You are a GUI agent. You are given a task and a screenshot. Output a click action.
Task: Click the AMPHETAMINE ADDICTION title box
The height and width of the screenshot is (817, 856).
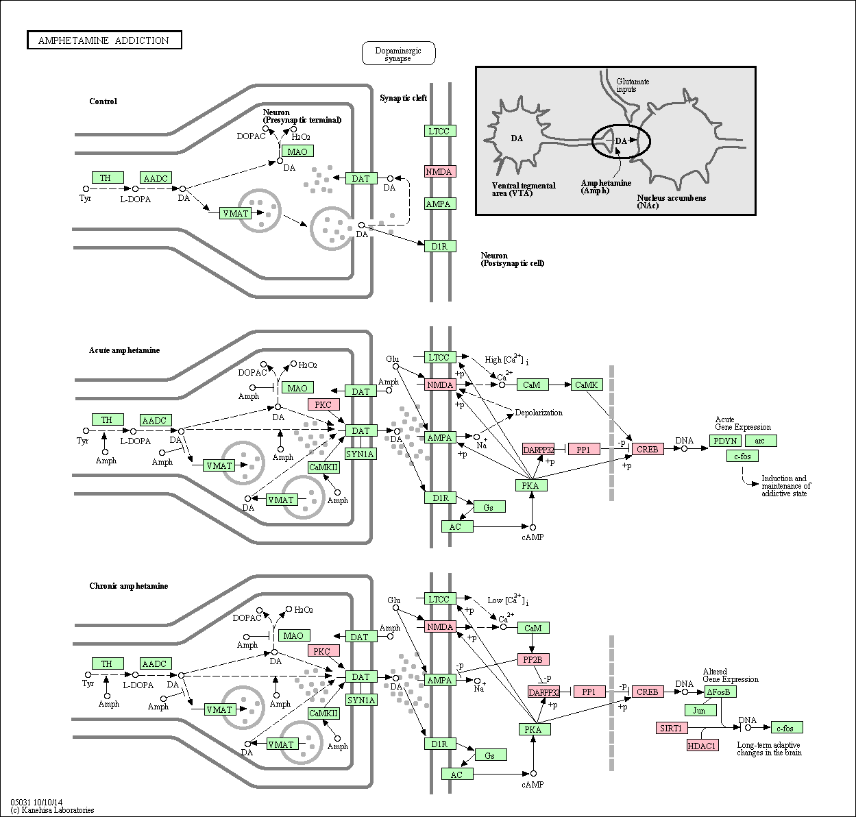104,40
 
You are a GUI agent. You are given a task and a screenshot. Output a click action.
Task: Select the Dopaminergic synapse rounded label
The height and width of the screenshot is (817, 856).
398,53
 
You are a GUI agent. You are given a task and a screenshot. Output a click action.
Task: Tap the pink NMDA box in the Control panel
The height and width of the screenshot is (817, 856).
440,171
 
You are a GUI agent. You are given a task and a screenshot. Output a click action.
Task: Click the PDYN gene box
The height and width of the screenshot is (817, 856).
725,441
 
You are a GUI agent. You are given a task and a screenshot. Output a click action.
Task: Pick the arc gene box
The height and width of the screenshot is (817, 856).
761,441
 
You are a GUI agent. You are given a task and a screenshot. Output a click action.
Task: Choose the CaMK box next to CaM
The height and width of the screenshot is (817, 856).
587,385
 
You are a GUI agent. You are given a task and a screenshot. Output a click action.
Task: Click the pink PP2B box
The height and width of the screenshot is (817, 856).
533,659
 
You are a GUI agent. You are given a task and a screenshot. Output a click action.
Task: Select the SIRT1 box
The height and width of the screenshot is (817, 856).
672,728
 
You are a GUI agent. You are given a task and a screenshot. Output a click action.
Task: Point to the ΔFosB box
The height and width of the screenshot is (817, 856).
720,692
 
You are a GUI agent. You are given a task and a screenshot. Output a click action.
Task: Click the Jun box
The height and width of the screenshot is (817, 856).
700,710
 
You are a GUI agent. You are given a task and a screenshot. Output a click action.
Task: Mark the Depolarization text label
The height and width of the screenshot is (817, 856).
539,413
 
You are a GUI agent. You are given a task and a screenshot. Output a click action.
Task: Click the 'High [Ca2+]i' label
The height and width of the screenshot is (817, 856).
506,359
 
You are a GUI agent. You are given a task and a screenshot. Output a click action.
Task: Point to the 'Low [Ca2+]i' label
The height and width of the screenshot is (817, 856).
508,600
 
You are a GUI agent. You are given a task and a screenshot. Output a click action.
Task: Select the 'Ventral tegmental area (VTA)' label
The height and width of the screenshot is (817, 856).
524,189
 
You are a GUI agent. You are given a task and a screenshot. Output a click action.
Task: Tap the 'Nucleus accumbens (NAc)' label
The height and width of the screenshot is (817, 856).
672,202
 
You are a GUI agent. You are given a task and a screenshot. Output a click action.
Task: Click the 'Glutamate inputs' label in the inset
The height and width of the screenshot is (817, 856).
632,86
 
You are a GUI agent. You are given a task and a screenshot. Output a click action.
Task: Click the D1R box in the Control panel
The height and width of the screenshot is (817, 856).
440,246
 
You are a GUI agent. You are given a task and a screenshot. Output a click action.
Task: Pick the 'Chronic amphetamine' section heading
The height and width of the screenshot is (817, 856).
128,586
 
